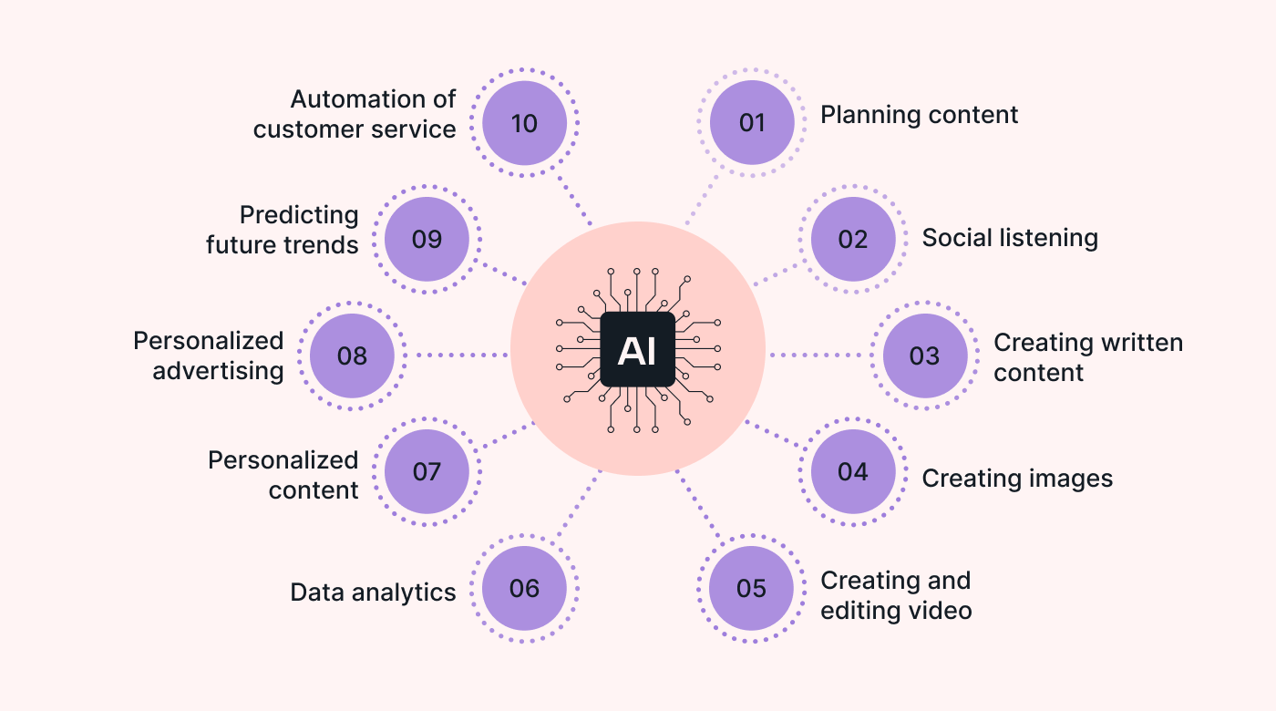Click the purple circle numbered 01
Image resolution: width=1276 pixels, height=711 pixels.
pos(752,122)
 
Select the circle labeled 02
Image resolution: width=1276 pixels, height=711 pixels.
pos(853,239)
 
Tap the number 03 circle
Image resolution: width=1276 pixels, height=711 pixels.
pos(925,355)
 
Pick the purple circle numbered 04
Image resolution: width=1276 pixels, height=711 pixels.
pos(853,471)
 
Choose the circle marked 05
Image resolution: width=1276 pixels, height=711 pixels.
pos(752,588)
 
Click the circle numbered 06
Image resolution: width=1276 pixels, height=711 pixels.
pos(524,588)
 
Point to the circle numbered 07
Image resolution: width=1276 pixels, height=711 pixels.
pos(427,471)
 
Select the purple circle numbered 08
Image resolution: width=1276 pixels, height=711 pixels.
pos(352,355)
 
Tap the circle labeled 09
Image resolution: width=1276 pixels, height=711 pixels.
pos(427,239)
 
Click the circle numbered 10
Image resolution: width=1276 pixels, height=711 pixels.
pos(524,122)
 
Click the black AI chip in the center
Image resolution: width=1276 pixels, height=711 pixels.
pos(637,350)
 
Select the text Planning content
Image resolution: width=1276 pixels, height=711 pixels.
pos(919,115)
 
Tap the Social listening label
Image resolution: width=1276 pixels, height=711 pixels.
pos(1010,238)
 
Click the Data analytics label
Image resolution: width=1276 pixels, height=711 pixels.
pos(373,592)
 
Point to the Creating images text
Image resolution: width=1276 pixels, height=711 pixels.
pos(1017,479)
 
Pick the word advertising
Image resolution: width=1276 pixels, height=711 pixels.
pos(219,371)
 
